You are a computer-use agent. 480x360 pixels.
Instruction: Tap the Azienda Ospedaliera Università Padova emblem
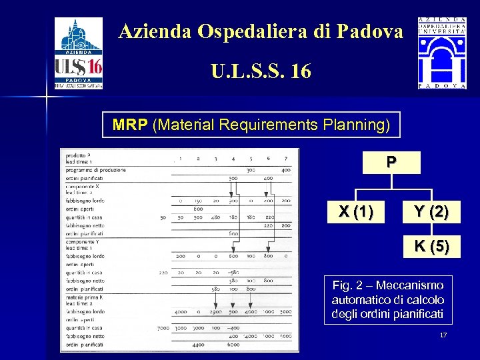441,53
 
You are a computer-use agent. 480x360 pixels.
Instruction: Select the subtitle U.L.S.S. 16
261,71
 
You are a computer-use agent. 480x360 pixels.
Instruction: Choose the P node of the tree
391,162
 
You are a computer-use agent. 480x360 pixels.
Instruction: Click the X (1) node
355,212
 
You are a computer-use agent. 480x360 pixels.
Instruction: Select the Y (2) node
431,212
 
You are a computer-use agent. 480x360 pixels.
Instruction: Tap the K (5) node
431,246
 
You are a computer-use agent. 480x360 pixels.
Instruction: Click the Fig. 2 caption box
387,300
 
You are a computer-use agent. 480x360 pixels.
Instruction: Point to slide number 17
443,335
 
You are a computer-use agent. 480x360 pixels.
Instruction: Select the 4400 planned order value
198,345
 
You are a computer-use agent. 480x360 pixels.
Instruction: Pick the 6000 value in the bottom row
233,345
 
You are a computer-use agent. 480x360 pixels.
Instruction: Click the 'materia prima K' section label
85,295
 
